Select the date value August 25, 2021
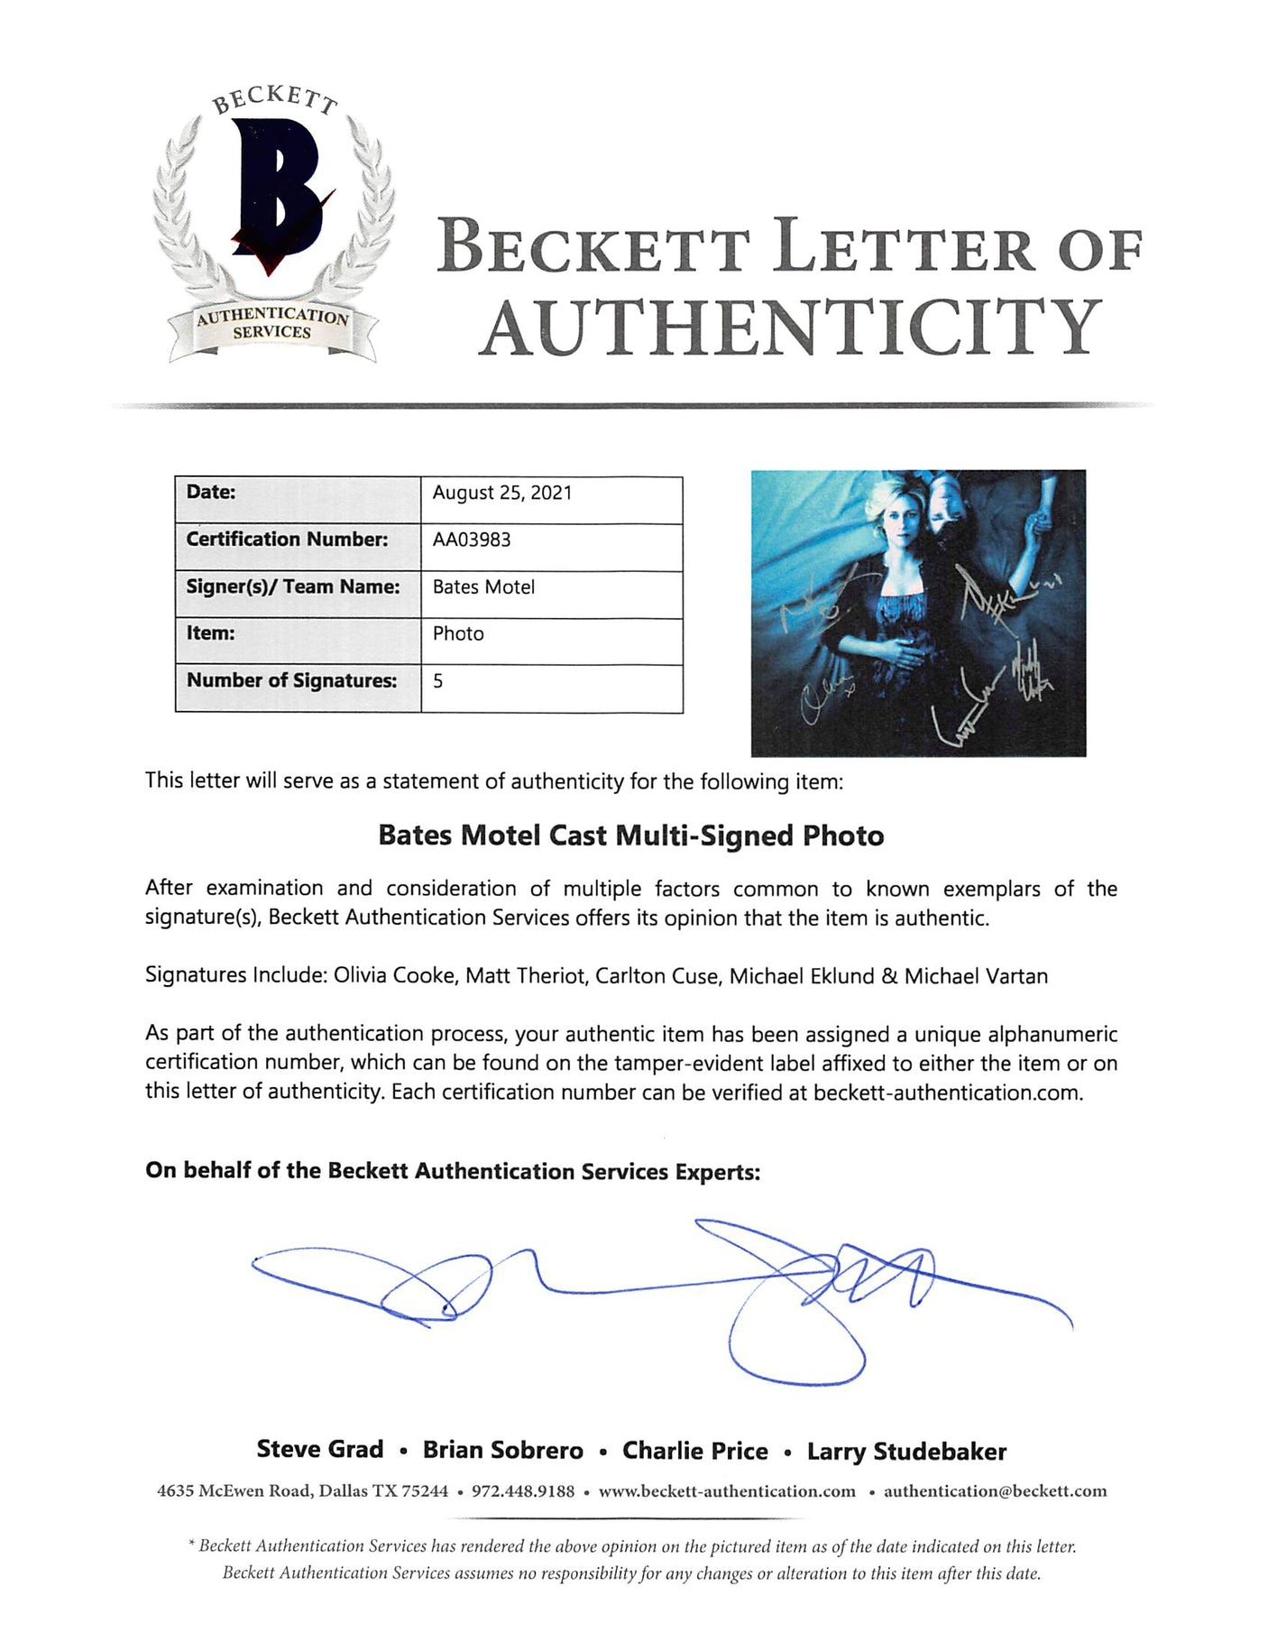(501, 493)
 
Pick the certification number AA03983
(472, 540)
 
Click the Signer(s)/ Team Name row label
(293, 586)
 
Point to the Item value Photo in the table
(458, 633)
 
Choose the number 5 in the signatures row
(438, 681)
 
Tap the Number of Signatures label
(291, 680)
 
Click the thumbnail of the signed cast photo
(918, 613)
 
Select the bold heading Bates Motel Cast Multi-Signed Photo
(631, 835)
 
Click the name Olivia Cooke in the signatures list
(394, 975)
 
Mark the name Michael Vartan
(976, 975)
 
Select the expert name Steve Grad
(320, 1450)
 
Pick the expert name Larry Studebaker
(906, 1452)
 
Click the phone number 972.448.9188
(523, 1490)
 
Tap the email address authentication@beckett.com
(995, 1490)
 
